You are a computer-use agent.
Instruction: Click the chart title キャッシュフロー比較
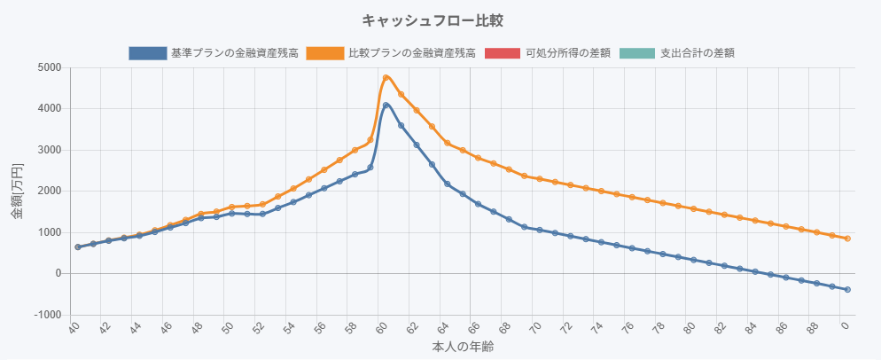(440, 20)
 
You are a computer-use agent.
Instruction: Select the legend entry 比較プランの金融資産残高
(411, 53)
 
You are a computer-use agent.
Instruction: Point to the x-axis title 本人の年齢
(463, 347)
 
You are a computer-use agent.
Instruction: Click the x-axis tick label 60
(382, 329)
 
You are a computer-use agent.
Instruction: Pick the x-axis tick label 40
(74, 329)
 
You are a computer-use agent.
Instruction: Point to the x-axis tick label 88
(815, 329)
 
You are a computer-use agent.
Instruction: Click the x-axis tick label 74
(598, 329)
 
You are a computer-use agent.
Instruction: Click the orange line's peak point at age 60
(386, 78)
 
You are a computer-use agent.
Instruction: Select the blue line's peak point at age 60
(386, 106)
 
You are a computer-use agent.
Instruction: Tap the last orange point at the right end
(847, 239)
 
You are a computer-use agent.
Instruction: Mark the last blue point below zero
(847, 290)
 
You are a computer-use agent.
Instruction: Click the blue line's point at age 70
(540, 231)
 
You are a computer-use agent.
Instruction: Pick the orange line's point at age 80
(694, 209)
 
